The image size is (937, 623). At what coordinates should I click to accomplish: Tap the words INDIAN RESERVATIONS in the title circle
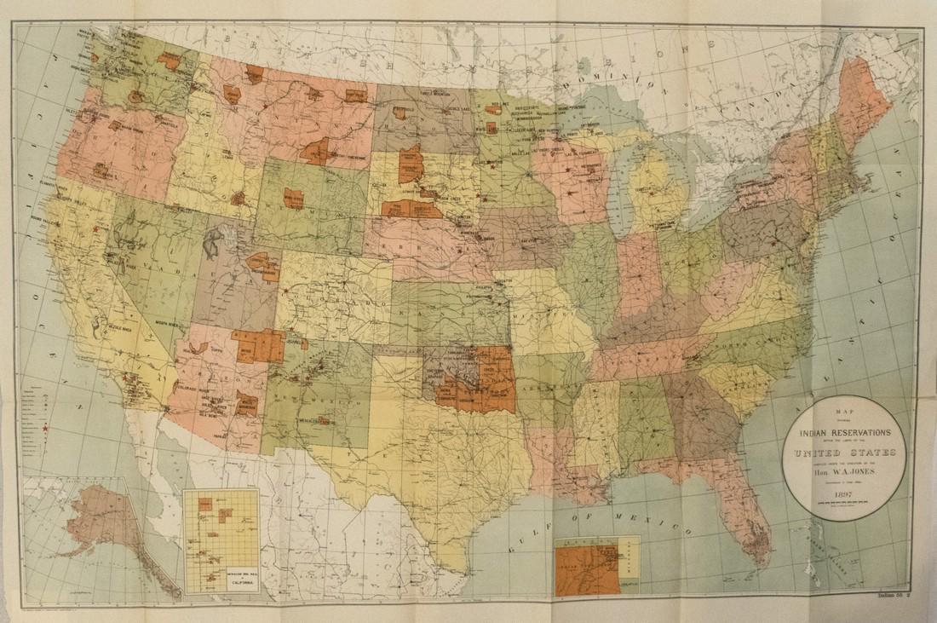tap(844, 431)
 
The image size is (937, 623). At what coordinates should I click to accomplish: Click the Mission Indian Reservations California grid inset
tap(221, 540)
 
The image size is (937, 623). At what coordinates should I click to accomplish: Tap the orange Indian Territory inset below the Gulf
tap(588, 569)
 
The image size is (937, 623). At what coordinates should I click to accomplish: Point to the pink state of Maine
tap(860, 102)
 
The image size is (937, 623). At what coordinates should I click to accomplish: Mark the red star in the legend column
tap(45, 436)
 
